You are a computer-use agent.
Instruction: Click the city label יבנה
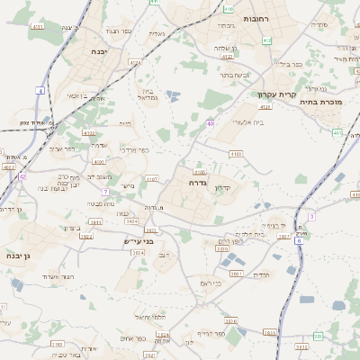[100, 52]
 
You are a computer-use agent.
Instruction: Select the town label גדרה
[199, 182]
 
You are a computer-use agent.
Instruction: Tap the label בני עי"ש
[140, 241]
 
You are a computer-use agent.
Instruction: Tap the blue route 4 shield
[40, 91]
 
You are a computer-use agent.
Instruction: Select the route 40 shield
[210, 122]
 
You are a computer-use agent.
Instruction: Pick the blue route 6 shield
[311, 216]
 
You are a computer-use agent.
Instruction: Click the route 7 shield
[105, 192]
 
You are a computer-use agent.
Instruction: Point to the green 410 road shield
[229, 9]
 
